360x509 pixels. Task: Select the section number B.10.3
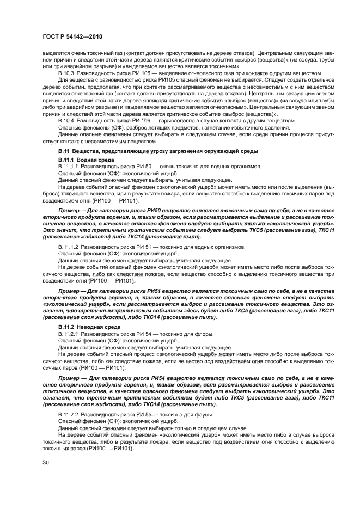click(x=67, y=73)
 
